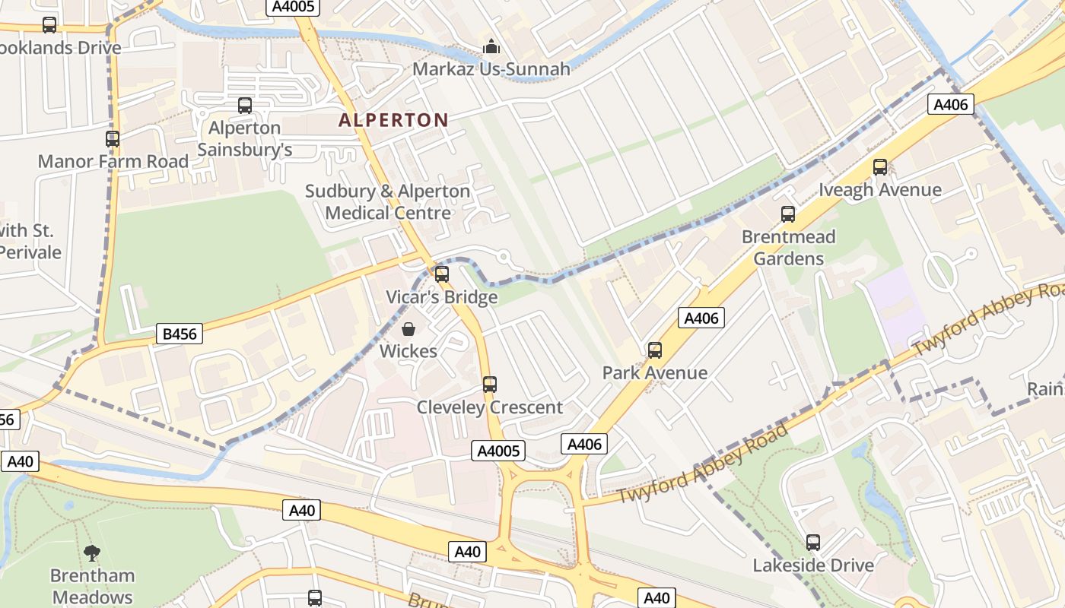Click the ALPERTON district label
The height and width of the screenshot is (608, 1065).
tap(393, 119)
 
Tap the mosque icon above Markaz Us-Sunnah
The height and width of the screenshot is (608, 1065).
tap(491, 47)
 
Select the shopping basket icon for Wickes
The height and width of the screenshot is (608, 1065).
tap(409, 329)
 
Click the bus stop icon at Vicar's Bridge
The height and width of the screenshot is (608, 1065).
tap(442, 274)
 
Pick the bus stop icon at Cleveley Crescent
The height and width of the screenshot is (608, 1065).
tap(490, 385)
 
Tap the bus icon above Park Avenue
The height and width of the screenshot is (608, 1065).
tap(655, 350)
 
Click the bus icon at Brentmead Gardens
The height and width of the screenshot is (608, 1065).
tap(788, 214)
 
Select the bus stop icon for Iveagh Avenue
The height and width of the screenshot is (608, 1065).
tap(880, 167)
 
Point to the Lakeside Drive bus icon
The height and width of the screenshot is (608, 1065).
tap(813, 543)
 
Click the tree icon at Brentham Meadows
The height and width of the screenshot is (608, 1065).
tap(92, 553)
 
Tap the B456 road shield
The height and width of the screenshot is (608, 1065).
tap(180, 333)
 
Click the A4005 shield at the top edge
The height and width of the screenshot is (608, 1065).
tap(293, 7)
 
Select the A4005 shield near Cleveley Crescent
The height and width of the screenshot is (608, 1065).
tap(498, 451)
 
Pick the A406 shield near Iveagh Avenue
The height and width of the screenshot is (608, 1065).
tap(951, 104)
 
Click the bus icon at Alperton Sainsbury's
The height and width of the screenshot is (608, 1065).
tap(245, 106)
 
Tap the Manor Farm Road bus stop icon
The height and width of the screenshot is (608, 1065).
tap(113, 139)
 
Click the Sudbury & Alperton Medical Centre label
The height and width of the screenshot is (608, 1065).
tap(388, 202)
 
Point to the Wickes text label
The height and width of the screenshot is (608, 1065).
tap(409, 351)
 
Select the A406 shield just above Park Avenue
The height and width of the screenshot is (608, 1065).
tap(701, 318)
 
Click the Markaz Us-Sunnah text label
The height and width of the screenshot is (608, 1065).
tap(491, 69)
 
